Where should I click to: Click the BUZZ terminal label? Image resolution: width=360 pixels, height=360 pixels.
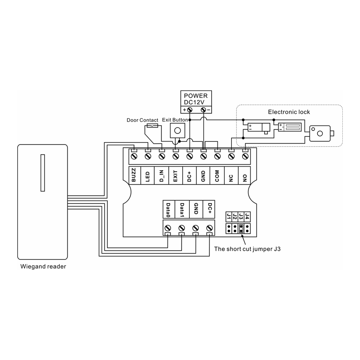134,176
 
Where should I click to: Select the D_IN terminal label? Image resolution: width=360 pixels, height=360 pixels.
162,176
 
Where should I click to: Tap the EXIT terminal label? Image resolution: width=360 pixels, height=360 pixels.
175,176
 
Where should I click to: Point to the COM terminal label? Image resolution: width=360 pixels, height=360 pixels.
217,176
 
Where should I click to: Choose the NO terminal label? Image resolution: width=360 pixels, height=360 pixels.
245,176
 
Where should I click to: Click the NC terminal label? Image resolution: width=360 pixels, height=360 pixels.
231,176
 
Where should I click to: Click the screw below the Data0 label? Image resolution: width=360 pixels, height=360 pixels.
168,228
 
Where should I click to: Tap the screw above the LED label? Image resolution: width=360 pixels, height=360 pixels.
148,156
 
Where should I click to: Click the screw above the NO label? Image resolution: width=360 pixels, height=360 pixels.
245,156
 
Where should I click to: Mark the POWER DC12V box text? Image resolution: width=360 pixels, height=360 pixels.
196,99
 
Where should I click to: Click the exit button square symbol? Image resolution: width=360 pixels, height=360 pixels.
177,130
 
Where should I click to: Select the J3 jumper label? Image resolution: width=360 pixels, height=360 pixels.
241,217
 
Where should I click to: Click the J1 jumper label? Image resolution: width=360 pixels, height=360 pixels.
228,217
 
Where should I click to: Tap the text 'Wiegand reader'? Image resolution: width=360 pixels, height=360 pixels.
43,267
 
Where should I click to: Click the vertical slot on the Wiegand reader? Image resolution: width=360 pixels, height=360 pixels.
42,173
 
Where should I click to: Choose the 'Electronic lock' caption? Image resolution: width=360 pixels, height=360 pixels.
289,112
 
